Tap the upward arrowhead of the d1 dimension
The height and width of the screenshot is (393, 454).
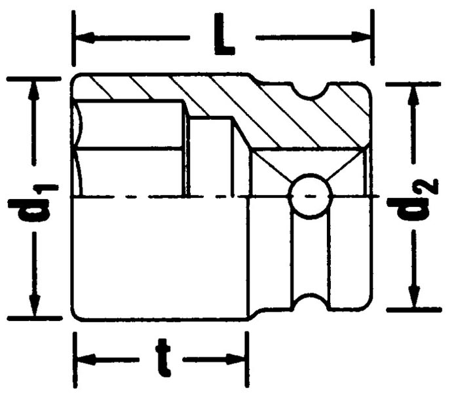pyautogui.click(x=34, y=90)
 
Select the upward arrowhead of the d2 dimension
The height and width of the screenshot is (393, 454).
pyautogui.click(x=414, y=96)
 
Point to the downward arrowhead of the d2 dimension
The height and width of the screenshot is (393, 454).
pyautogui.click(x=414, y=297)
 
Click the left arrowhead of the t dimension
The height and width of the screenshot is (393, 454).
pyautogui.click(x=86, y=359)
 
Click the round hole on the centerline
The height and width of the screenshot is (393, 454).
pyautogui.click(x=310, y=196)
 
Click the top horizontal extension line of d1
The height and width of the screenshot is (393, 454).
pyautogui.click(x=34, y=79)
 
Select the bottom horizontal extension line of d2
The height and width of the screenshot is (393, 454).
pyautogui.click(x=414, y=309)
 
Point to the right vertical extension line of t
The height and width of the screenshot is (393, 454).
pyautogui.click(x=247, y=360)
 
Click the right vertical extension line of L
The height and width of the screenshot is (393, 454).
pyautogui.click(x=372, y=37)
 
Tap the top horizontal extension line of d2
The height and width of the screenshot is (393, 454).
pyautogui.click(x=413, y=84)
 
